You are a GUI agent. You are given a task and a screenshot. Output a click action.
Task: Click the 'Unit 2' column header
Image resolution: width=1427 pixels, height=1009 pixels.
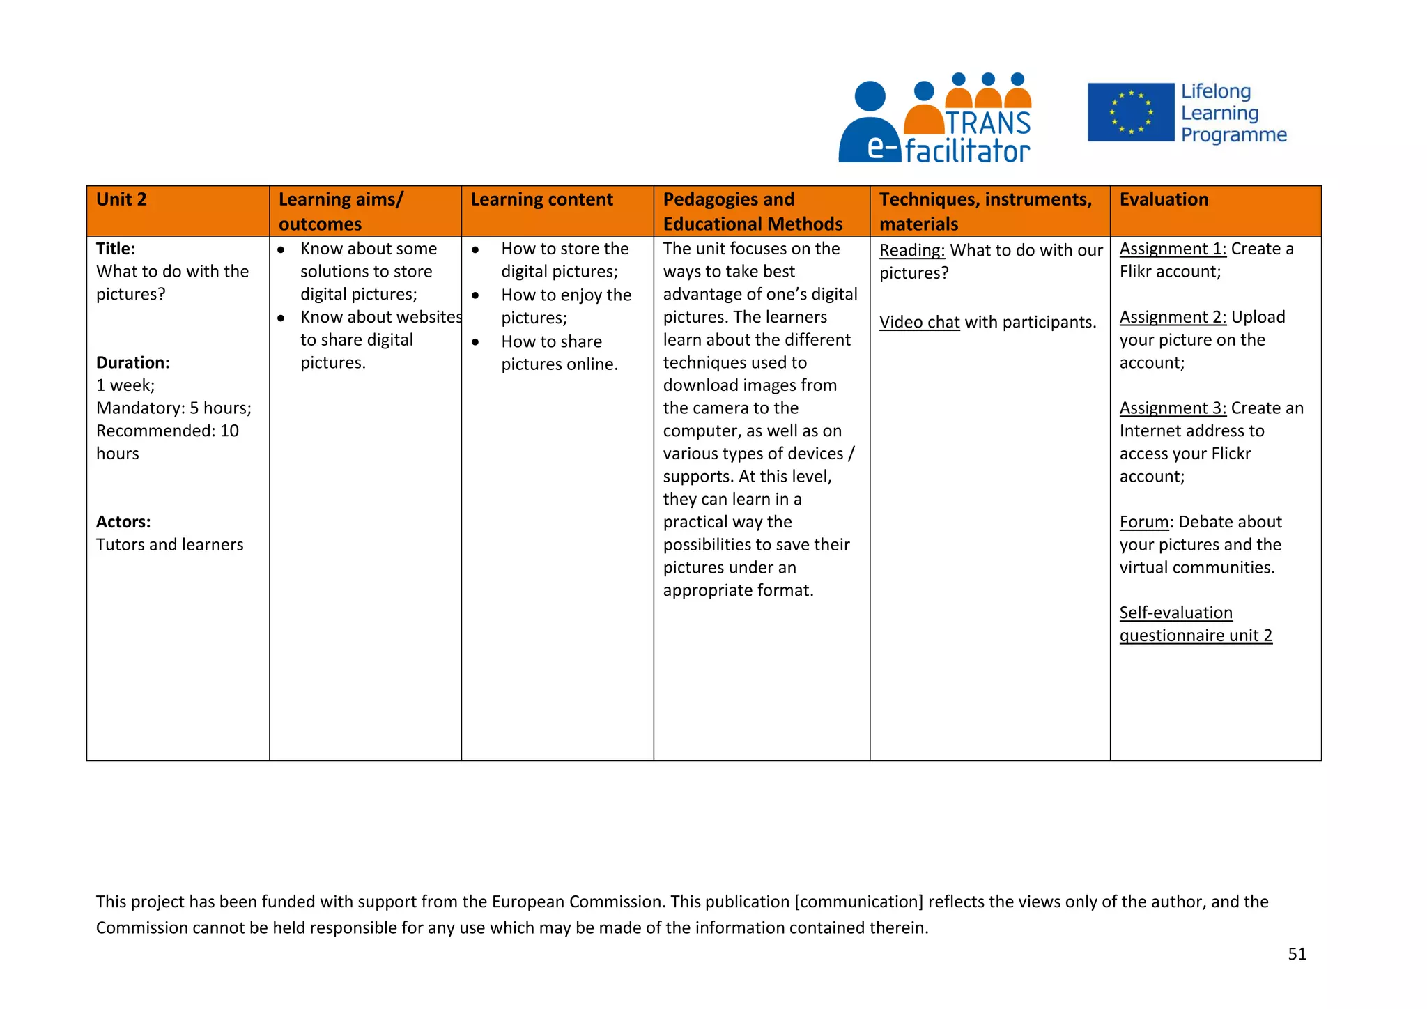tap(122, 200)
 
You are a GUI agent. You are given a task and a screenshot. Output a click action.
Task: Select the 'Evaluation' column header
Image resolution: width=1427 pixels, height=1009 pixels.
tap(1164, 200)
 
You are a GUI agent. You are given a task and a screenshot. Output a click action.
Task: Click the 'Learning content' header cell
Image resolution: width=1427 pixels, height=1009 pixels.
tap(541, 200)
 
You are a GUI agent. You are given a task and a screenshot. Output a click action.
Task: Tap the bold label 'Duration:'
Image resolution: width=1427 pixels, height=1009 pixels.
tap(133, 362)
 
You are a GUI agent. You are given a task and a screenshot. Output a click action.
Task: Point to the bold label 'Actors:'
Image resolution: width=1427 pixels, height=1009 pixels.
tap(123, 522)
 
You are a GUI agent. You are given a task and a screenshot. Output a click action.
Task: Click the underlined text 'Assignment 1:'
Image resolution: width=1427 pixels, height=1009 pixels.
tap(1173, 249)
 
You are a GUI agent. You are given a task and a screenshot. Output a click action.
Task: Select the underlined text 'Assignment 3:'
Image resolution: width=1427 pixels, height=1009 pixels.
tap(1173, 408)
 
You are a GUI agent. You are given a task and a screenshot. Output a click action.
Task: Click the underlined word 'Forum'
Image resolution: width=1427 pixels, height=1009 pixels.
tap(1143, 522)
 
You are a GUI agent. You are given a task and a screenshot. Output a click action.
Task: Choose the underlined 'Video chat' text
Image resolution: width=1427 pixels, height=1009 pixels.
tap(919, 323)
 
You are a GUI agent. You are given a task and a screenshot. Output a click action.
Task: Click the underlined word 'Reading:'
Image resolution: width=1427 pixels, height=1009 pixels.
tap(911, 251)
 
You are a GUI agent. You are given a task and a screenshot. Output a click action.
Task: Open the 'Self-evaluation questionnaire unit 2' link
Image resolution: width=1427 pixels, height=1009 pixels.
tap(1195, 624)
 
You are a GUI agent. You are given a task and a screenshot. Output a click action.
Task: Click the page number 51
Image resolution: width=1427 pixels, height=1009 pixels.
tap(1297, 954)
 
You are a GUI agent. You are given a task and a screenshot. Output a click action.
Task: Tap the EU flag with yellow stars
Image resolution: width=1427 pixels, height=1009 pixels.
tap(1130, 112)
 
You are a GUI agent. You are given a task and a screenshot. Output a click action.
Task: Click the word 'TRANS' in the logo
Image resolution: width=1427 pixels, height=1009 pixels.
tap(988, 123)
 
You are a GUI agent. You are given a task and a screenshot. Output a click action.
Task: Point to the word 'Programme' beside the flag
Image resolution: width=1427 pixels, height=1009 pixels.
tap(1233, 135)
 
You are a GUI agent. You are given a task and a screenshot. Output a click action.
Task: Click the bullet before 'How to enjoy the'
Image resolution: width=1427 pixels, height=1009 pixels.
tap(475, 295)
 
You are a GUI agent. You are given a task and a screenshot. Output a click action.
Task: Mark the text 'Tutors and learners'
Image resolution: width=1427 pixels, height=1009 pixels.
tap(170, 545)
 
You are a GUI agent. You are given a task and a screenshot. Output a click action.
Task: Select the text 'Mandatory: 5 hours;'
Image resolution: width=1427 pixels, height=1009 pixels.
tap(173, 408)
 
